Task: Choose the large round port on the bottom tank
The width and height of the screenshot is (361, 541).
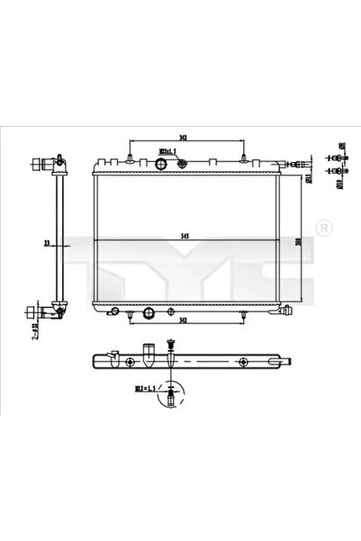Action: coord(149,314)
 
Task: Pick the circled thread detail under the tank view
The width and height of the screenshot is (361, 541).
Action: coord(171,392)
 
